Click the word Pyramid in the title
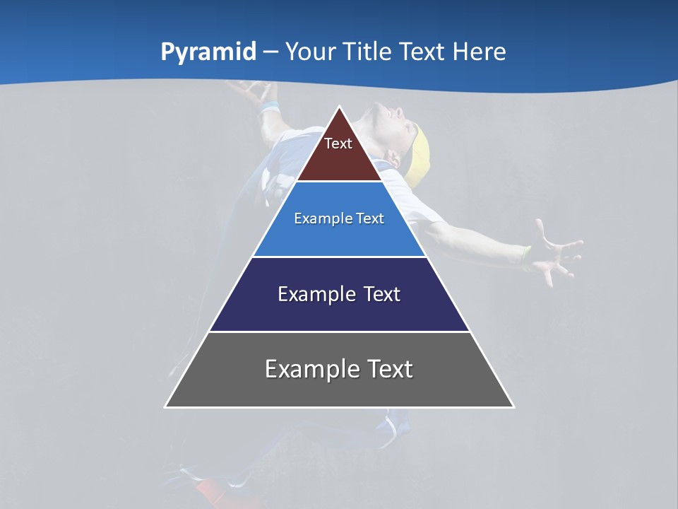coord(208,52)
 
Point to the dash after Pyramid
coord(270,52)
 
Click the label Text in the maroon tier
coord(338,144)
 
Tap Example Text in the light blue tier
coord(339,218)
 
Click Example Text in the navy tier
coord(339,294)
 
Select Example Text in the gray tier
coord(339,369)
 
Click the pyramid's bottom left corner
coord(166,406)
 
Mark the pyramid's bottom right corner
coord(513,406)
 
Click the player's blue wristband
coord(268,109)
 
